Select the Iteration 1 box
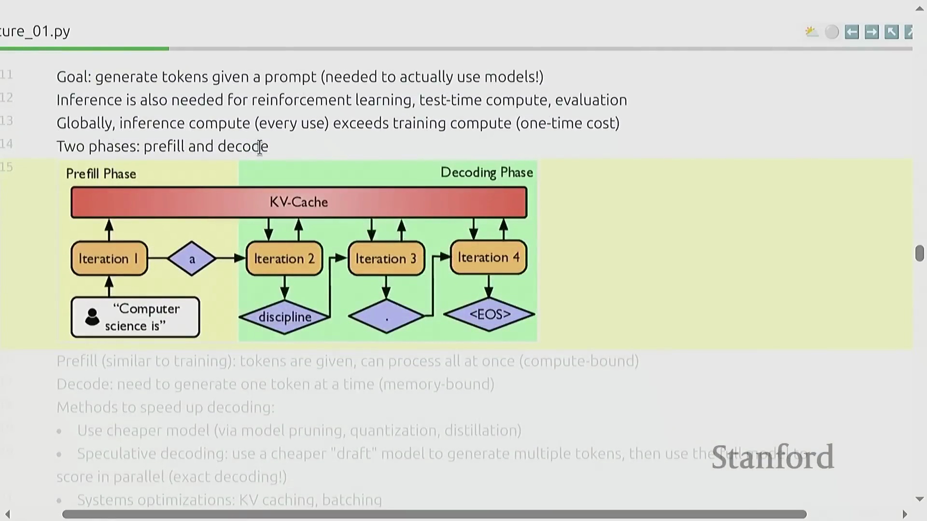tap(109, 259)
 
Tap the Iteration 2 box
tap(284, 259)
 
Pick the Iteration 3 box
tap(386, 259)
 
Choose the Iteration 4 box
tap(489, 258)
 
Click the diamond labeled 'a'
tap(192, 259)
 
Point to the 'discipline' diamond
tap(284, 317)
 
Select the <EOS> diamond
tap(489, 315)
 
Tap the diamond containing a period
tap(386, 316)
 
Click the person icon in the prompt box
tap(92, 317)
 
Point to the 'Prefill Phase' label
tap(101, 174)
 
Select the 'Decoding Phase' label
tap(487, 173)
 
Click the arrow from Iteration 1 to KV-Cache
tap(109, 230)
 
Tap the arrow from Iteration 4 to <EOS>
tap(489, 286)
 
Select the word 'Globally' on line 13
tap(84, 123)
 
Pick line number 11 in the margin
tap(6, 75)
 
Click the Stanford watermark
tap(772, 457)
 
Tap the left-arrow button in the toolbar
tap(852, 32)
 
